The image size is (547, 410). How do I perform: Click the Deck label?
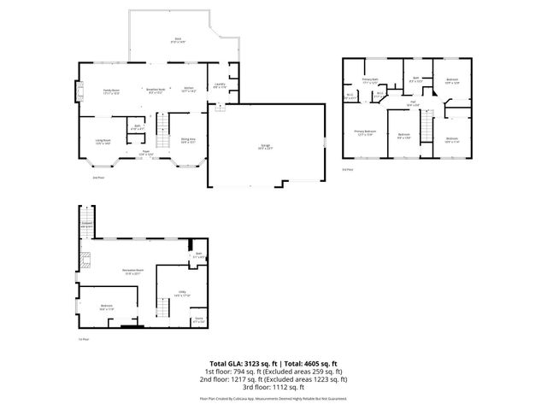click(x=178, y=39)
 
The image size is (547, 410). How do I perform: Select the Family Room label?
click(x=111, y=90)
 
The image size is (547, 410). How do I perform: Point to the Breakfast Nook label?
click(x=155, y=90)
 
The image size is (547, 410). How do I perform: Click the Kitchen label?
click(x=190, y=90)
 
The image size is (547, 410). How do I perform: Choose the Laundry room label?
click(x=219, y=85)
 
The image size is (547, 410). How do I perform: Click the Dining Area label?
click(x=187, y=141)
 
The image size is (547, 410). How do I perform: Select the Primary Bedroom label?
click(x=365, y=133)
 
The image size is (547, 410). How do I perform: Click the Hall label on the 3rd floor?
click(x=412, y=104)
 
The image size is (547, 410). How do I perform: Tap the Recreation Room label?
click(x=132, y=272)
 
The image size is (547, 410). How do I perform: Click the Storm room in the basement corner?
click(x=198, y=320)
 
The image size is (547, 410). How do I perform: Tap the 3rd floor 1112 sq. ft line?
click(x=273, y=387)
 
